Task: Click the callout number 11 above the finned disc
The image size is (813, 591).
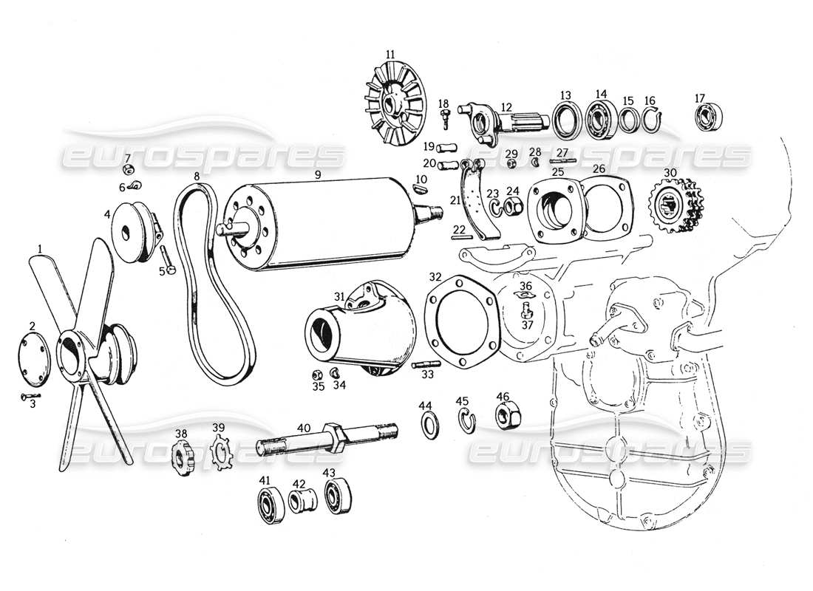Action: point(390,53)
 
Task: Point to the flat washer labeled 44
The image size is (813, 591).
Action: point(428,426)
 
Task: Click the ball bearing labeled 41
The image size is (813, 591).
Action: point(267,506)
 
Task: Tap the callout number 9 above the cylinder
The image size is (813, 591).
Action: point(317,175)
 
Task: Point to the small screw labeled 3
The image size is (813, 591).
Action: point(28,397)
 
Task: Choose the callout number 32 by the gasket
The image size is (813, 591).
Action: point(436,277)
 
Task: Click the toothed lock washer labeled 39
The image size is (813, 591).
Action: point(221,453)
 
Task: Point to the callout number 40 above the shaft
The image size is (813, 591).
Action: point(304,427)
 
